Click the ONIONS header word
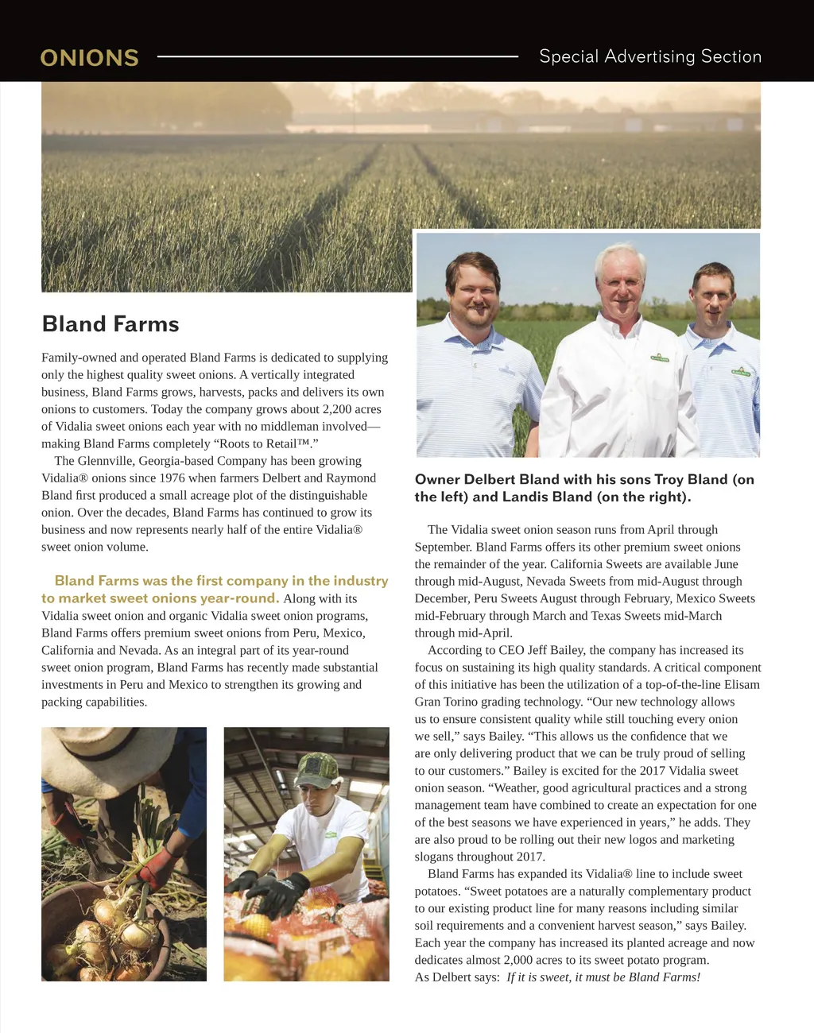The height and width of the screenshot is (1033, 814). [89, 58]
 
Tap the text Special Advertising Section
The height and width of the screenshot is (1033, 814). [649, 56]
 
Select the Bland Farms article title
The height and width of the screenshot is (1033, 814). [110, 324]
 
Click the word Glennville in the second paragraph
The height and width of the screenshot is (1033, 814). [105, 461]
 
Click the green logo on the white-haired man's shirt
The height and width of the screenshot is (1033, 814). [660, 357]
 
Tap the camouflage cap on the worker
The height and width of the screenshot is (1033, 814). [317, 768]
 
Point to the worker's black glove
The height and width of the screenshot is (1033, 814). [278, 891]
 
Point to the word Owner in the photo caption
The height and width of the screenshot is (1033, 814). [437, 480]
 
